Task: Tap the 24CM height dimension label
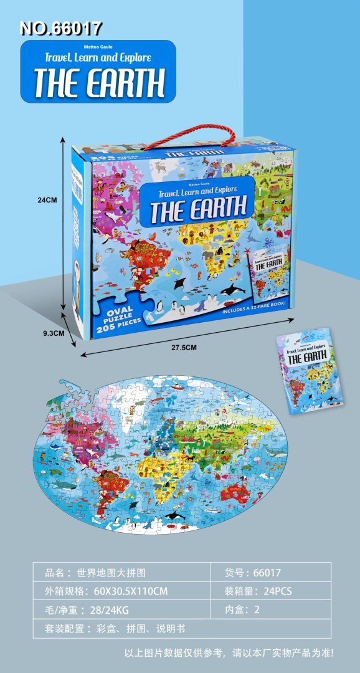[x=47, y=200]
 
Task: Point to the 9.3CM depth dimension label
[x=54, y=333]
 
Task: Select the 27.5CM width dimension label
[x=180, y=348]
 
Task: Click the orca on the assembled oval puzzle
[x=175, y=515]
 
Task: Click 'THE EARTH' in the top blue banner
[x=99, y=82]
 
